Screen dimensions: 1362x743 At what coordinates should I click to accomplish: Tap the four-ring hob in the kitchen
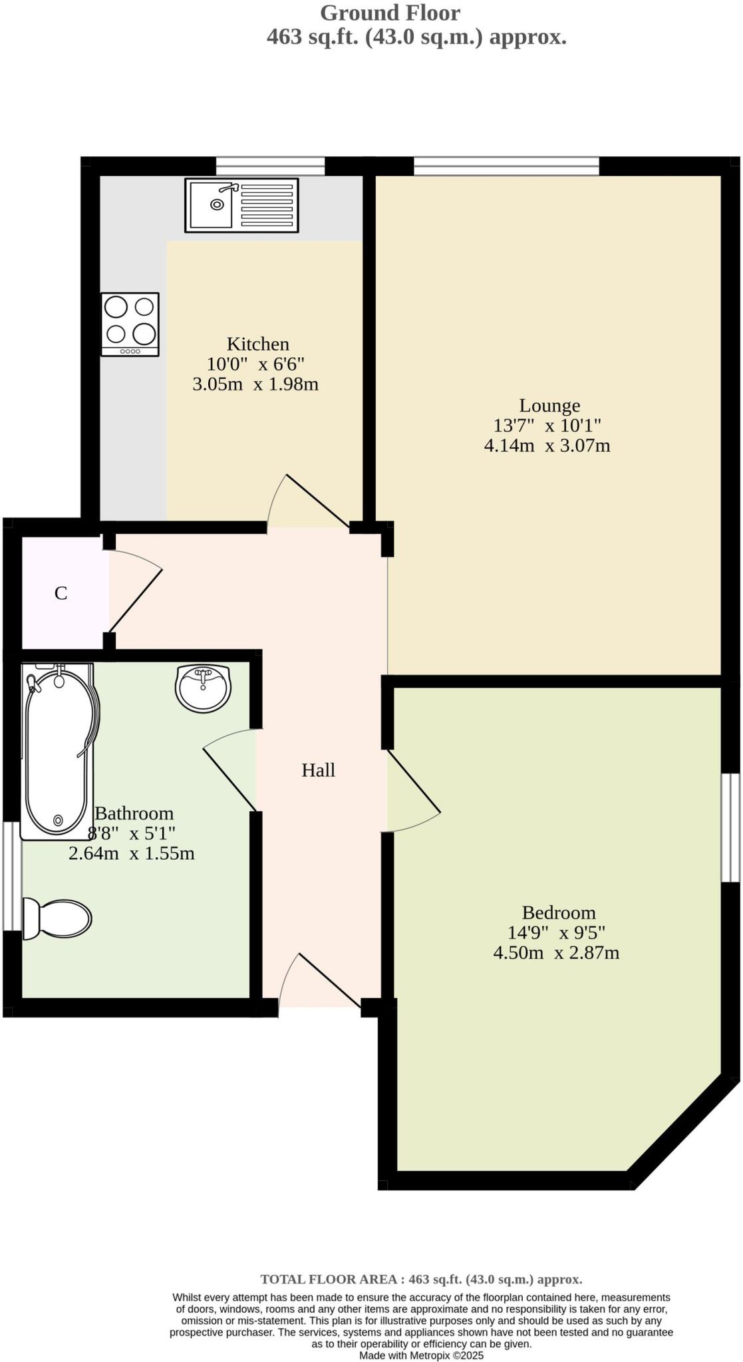pos(130,324)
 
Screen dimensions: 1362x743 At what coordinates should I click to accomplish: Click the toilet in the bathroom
pos(57,918)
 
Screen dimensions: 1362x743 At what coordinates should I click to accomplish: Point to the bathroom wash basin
pos(204,689)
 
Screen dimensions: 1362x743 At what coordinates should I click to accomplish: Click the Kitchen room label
pos(258,344)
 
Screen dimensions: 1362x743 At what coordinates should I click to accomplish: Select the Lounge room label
pos(549,405)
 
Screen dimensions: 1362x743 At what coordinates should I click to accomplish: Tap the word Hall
pos(318,770)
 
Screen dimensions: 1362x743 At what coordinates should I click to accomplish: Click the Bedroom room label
pos(558,912)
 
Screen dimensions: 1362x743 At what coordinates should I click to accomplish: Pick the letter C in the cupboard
pos(61,593)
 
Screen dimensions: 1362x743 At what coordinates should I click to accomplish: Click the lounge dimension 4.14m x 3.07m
pos(547,446)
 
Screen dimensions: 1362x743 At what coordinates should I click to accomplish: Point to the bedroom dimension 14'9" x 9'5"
pos(556,932)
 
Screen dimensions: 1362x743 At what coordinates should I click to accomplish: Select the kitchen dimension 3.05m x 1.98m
pos(255,384)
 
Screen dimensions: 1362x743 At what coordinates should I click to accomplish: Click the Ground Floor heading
pos(390,13)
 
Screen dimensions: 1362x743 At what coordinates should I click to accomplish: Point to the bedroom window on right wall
pos(730,828)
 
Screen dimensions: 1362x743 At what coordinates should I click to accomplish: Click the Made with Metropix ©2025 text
pos(421,1355)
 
